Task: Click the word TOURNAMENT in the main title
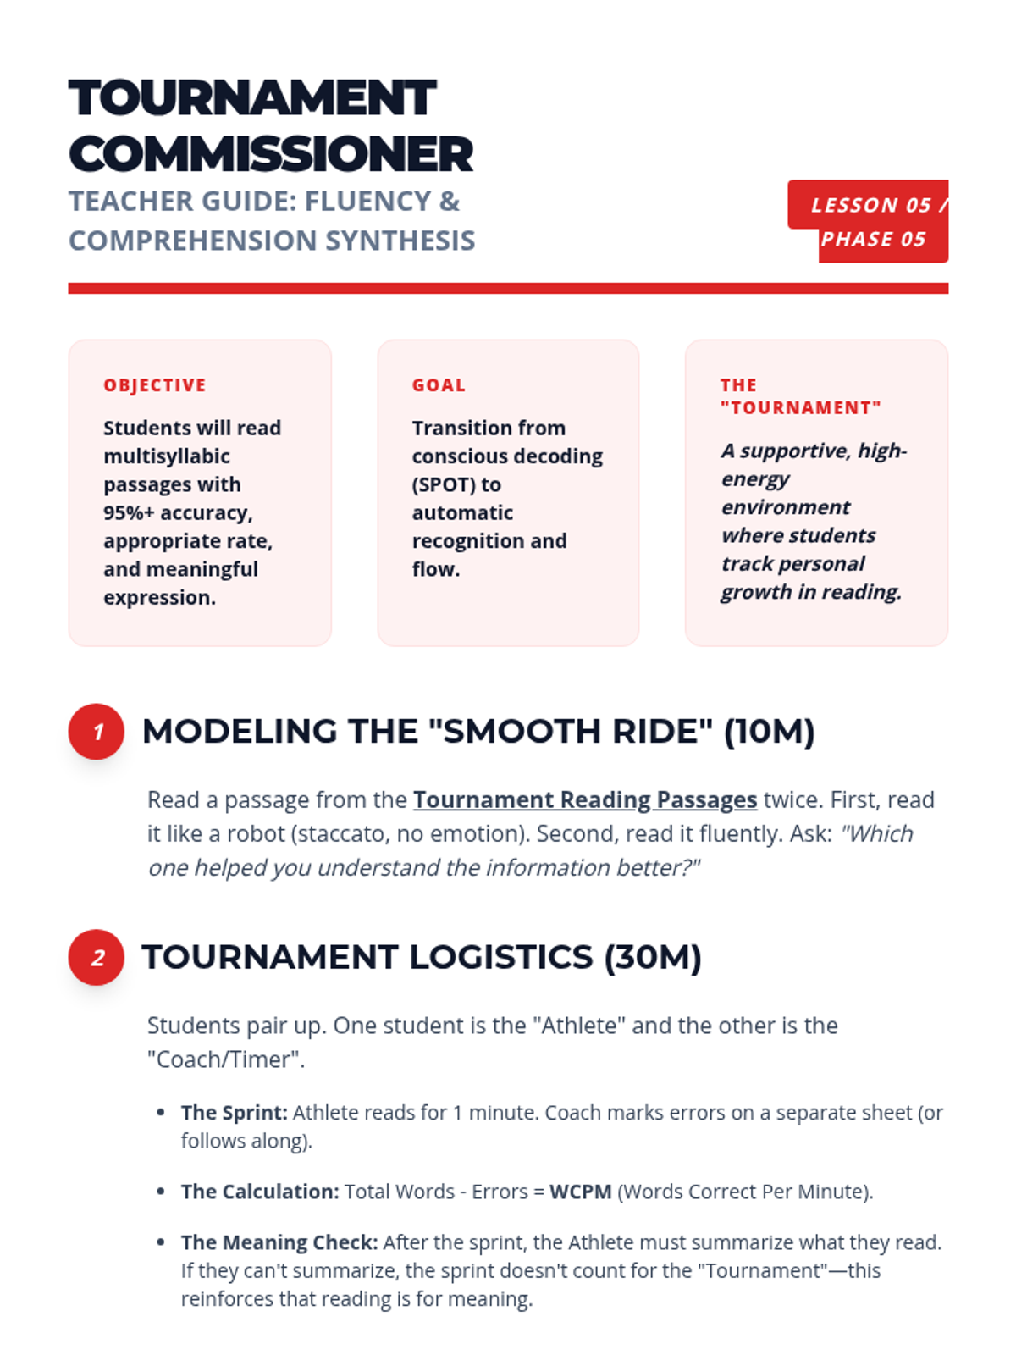click(252, 98)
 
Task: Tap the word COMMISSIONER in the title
click(271, 154)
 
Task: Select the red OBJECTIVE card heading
click(155, 385)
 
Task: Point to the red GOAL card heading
click(439, 385)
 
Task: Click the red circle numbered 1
click(97, 732)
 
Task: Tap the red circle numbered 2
click(97, 958)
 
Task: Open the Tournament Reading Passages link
click(584, 800)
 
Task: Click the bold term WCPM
click(580, 1192)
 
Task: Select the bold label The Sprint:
click(234, 1113)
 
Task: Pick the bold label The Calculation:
click(259, 1192)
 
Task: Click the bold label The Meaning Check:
click(279, 1242)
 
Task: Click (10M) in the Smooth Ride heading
click(769, 732)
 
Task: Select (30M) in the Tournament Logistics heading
click(653, 958)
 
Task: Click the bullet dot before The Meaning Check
click(161, 1242)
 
